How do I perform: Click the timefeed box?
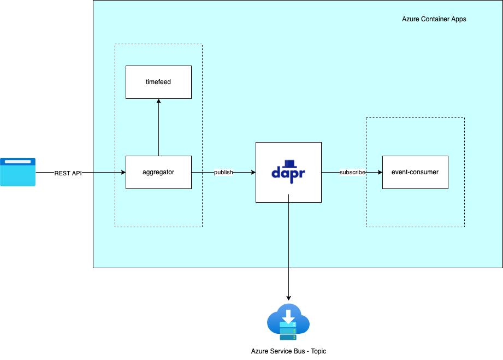click(x=158, y=82)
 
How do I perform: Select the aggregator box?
click(x=158, y=172)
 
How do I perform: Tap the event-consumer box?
click(x=415, y=172)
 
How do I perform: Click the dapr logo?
click(x=288, y=170)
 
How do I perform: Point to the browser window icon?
click(x=17, y=172)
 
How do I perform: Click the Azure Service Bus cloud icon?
click(x=288, y=322)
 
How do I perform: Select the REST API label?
click(x=68, y=173)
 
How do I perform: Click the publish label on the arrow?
click(x=223, y=173)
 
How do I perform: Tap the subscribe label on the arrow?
click(x=352, y=173)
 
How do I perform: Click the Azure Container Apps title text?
click(x=434, y=19)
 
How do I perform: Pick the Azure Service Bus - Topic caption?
click(x=288, y=351)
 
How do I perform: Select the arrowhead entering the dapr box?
click(x=253, y=173)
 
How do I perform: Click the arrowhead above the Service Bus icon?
click(x=288, y=298)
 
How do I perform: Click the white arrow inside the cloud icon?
click(x=288, y=315)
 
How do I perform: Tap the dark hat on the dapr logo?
click(x=291, y=163)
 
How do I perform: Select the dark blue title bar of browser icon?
click(x=17, y=162)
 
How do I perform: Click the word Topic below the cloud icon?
click(x=317, y=351)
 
